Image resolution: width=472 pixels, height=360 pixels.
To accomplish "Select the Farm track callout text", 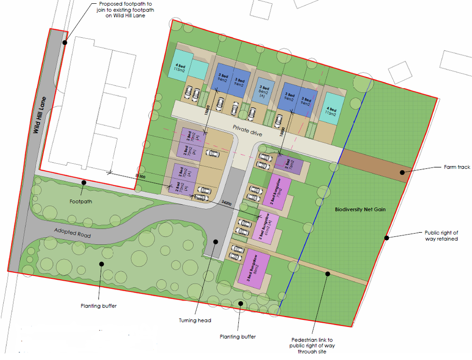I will point(456,167).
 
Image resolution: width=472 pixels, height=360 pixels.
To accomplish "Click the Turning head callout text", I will point(195,320).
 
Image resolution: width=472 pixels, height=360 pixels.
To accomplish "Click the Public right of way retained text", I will point(441,236).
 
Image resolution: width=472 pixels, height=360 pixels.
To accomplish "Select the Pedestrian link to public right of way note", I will point(312,345).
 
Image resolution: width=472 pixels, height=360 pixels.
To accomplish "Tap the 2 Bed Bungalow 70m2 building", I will point(278,192).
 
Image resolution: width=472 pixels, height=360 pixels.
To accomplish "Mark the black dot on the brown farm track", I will point(403,172).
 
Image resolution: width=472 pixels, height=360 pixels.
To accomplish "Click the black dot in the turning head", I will point(215,241).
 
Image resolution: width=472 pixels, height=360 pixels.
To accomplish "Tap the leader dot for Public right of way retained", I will point(387,238).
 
